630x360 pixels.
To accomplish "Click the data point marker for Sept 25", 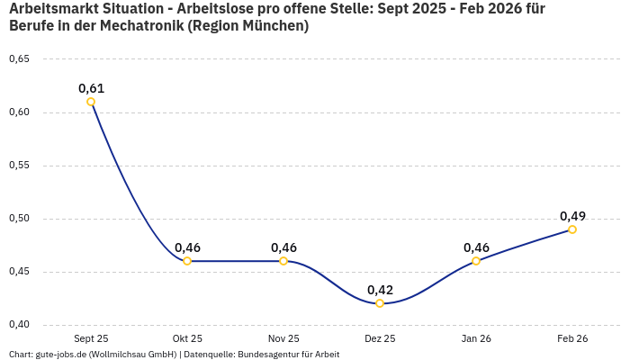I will pyautogui.click(x=91, y=102).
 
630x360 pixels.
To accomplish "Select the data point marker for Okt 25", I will pyautogui.click(x=187, y=261).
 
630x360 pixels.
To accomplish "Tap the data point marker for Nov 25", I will pyautogui.click(x=283, y=261).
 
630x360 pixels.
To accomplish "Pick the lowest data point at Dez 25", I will pyautogui.click(x=380, y=303).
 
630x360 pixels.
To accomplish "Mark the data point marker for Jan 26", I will pyautogui.click(x=476, y=261).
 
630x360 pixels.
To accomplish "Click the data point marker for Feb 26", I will pyautogui.click(x=572, y=229).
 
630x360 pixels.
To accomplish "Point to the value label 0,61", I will pyautogui.click(x=91, y=88).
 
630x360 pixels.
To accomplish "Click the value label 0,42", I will pyautogui.click(x=380, y=290).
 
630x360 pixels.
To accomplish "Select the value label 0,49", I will pyautogui.click(x=572, y=216).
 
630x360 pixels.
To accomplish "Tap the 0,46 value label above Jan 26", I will pyautogui.click(x=476, y=247).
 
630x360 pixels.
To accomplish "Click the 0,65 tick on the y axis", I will pyautogui.click(x=19, y=59).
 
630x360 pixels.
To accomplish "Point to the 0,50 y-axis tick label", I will pyautogui.click(x=19, y=219).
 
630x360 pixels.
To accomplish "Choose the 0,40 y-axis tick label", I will pyautogui.click(x=19, y=325).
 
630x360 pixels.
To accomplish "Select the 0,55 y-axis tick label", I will pyautogui.click(x=19, y=166).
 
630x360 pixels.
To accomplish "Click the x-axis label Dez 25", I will pyautogui.click(x=380, y=338).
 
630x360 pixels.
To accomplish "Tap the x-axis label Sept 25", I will pyautogui.click(x=91, y=338).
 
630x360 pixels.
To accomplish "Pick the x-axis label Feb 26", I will pyautogui.click(x=572, y=338).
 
